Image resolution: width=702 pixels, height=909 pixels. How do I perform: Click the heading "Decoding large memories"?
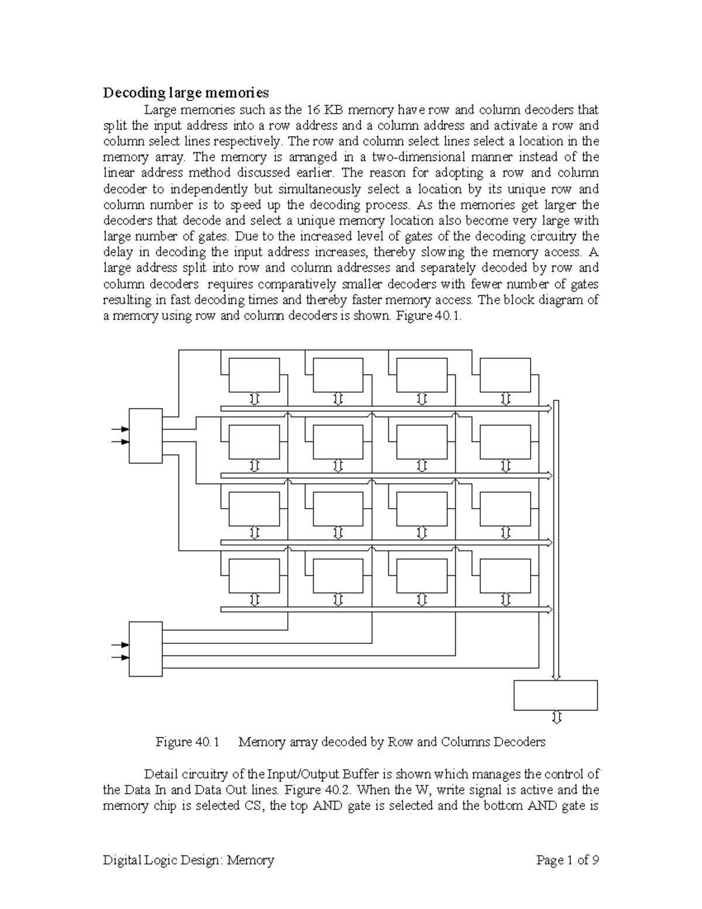point(186,92)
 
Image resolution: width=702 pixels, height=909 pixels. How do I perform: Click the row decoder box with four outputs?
point(145,435)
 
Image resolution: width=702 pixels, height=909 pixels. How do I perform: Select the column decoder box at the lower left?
point(145,649)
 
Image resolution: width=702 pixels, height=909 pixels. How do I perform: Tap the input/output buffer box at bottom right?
point(555,695)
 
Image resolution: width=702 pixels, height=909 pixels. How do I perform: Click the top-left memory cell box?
point(254,375)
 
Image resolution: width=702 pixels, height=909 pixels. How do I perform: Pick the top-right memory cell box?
point(504,375)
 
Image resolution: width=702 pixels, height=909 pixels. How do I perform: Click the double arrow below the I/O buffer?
point(556,718)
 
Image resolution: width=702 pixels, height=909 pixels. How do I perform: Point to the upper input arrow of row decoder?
point(121,429)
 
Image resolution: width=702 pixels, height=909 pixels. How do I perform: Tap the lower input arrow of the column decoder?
point(121,657)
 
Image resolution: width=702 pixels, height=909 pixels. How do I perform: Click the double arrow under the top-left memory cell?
point(254,399)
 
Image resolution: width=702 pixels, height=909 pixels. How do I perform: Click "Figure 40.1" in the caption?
point(187,742)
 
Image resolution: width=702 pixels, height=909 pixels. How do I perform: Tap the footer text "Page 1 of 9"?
point(567,860)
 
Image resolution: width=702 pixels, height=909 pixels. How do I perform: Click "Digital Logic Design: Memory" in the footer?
point(188,860)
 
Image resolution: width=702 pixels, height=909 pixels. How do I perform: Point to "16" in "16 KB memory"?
point(314,109)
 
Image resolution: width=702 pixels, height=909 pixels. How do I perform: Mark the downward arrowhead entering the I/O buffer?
point(556,677)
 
